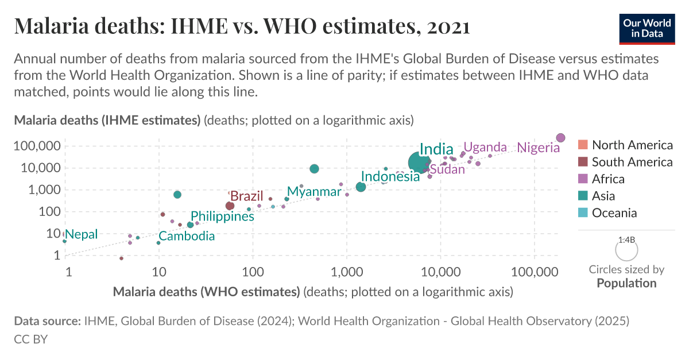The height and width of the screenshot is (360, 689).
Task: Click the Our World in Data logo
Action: pyautogui.click(x=647, y=27)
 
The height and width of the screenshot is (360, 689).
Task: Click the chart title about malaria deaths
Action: pyautogui.click(x=242, y=26)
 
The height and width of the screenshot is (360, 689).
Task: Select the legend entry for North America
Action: pyautogui.click(x=632, y=145)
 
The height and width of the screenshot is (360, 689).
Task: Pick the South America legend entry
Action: pyautogui.click(x=632, y=162)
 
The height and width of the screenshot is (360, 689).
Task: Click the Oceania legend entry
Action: pyautogui.click(x=614, y=213)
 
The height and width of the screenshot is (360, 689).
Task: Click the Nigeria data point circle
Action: pyautogui.click(x=561, y=138)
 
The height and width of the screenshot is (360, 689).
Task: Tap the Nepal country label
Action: pyautogui.click(x=81, y=234)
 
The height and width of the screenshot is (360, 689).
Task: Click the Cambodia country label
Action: pyautogui.click(x=187, y=236)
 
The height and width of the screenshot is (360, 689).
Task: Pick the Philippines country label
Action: pyautogui.click(x=222, y=216)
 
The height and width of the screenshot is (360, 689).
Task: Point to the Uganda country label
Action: pyautogui.click(x=485, y=147)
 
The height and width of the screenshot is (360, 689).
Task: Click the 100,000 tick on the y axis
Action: pyautogui.click(x=36, y=146)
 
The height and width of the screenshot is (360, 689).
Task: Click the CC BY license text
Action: pyautogui.click(x=30, y=339)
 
